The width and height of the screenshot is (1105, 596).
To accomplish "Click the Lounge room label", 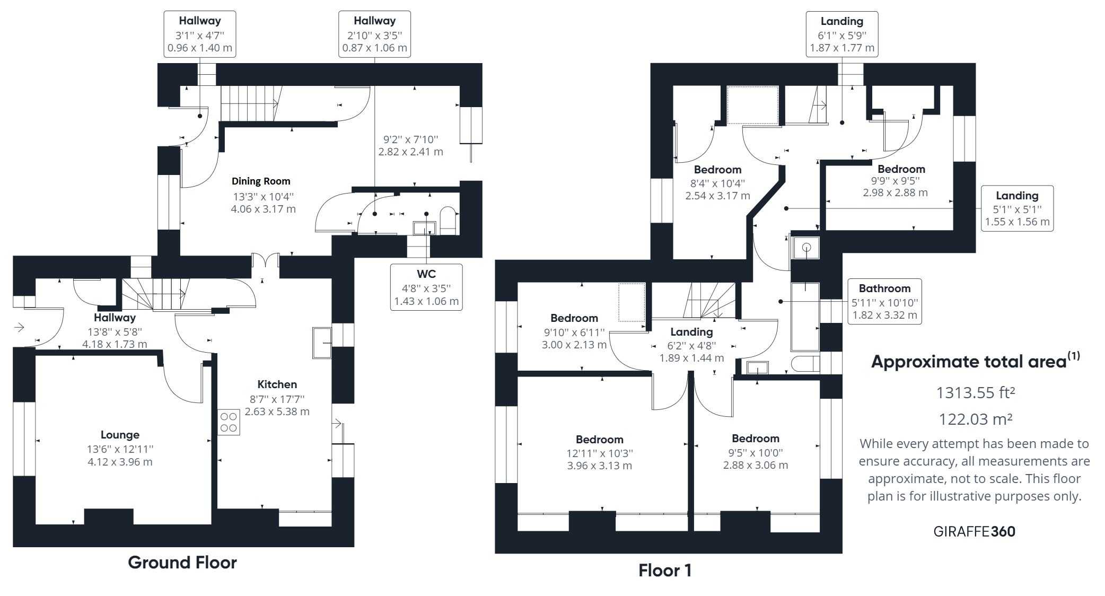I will point(120,435).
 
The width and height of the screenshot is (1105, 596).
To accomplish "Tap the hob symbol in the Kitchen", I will point(229,423).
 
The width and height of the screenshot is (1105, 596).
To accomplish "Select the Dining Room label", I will point(261,181).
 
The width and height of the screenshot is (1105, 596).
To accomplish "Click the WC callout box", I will point(426,287).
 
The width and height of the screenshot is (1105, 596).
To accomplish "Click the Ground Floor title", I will point(182,562).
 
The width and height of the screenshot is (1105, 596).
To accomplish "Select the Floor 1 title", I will point(665,571).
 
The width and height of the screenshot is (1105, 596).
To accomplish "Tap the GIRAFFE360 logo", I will point(974,531).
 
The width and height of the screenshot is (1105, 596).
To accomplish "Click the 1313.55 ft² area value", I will point(975,393).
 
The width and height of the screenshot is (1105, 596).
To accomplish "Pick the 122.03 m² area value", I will point(975,419).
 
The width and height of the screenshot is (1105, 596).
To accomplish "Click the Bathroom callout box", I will point(884,302).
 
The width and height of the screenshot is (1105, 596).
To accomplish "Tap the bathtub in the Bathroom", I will point(805,317).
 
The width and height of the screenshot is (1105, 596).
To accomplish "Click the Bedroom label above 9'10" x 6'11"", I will point(574,318).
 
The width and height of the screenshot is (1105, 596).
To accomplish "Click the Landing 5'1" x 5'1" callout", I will point(1016,208).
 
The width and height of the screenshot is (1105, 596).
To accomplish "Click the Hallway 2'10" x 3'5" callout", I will point(374,34).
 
